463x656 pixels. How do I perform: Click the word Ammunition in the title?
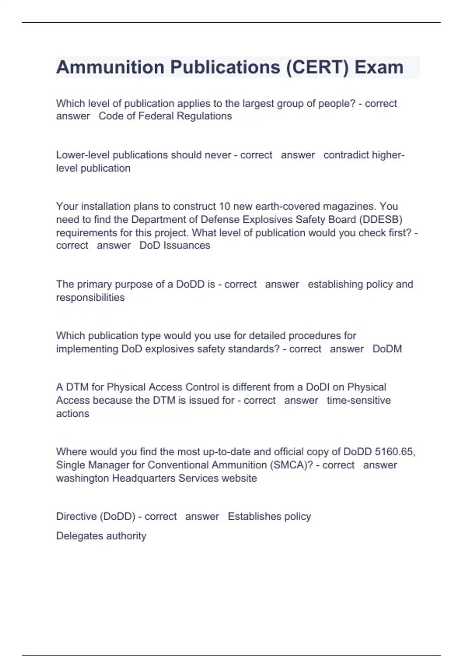point(110,67)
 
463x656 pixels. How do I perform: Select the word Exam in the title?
point(379,67)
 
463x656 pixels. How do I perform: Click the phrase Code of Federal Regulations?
point(165,116)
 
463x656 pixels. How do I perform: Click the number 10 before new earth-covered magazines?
point(225,206)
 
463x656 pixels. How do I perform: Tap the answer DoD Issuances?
point(175,245)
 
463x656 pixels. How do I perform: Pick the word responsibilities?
point(90,298)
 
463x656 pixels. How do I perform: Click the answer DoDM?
point(387,349)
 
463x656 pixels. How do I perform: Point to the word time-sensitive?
point(358,400)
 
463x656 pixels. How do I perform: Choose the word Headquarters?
point(144,478)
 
